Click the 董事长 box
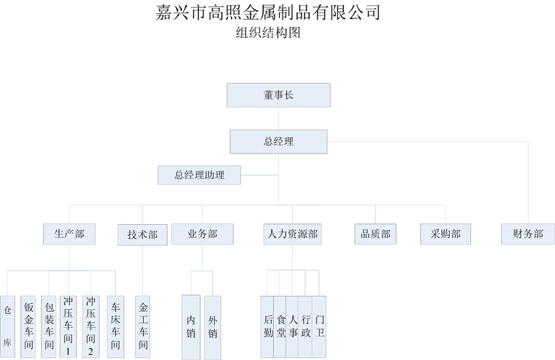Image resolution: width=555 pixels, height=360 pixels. pyautogui.click(x=278, y=95)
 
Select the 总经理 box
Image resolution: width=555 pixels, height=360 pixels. pyautogui.click(x=278, y=142)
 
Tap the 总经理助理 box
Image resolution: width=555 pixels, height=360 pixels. pyautogui.click(x=199, y=175)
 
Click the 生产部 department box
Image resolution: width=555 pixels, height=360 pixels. pyautogui.click(x=69, y=234)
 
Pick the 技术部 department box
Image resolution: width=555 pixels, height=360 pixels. pyautogui.click(x=142, y=234)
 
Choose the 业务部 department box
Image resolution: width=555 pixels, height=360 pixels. pyautogui.click(x=202, y=234)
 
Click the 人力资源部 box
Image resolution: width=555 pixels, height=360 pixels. pyautogui.click(x=292, y=234)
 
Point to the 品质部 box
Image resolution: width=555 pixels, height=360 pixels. pyautogui.click(x=375, y=234)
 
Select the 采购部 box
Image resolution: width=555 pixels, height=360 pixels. pyautogui.click(x=445, y=234)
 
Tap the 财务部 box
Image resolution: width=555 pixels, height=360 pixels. pyautogui.click(x=528, y=234)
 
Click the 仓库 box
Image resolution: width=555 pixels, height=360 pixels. pyautogui.click(x=7, y=326)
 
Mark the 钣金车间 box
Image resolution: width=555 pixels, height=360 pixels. pyautogui.click(x=28, y=326)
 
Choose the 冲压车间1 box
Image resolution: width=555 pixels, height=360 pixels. pyautogui.click(x=69, y=326)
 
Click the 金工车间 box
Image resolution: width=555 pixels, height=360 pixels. pyautogui.click(x=143, y=326)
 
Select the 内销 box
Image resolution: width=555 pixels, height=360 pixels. pyautogui.click(x=191, y=326)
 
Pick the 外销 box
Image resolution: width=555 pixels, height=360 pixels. pyautogui.click(x=213, y=326)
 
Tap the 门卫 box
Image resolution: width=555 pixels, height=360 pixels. pyautogui.click(x=319, y=326)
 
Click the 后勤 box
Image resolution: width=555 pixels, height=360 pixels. pyautogui.click(x=268, y=326)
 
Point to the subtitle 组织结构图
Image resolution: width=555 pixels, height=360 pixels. pyautogui.click(x=268, y=33)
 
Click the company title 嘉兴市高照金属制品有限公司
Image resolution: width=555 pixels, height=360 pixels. pyautogui.click(x=268, y=12)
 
